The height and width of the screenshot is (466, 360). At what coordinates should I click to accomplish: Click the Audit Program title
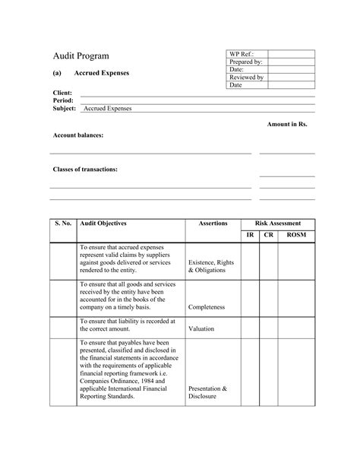81,56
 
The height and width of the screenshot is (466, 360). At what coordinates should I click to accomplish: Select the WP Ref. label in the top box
242,54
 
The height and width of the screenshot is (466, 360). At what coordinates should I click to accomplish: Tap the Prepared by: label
246,62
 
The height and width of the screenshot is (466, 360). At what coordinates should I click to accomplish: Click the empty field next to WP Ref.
291,54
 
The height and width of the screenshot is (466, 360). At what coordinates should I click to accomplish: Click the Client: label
62,93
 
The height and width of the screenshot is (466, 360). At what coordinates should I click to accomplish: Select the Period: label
63,100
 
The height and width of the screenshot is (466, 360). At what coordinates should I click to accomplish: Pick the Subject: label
65,109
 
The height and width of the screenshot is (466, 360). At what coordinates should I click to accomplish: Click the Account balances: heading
78,135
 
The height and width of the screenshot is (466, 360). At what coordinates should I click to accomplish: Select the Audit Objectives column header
103,223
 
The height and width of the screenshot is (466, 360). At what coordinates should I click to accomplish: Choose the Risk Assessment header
277,223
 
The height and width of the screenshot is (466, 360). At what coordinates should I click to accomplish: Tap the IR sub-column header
250,235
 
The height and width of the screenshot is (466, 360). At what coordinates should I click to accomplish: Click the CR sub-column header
269,235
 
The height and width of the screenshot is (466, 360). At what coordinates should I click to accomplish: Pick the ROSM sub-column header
296,235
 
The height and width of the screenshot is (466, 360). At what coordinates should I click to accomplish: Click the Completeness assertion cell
207,308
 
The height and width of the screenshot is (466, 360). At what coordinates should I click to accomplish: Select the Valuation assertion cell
201,329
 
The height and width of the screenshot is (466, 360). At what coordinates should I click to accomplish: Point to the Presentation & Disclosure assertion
207,392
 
